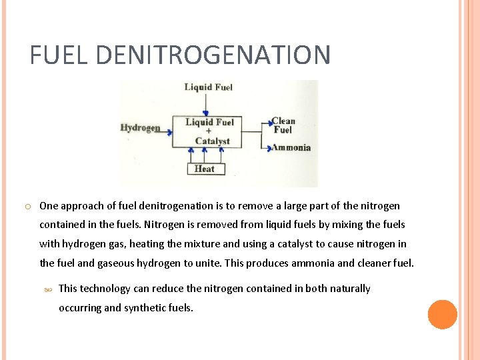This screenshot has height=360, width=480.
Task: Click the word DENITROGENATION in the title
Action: click(x=213, y=55)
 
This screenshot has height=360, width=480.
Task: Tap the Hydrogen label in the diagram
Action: click(x=140, y=127)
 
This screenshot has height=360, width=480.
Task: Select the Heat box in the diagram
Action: click(x=205, y=169)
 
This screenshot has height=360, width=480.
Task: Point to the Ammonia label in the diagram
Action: click(x=291, y=147)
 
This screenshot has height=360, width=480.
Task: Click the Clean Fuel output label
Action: click(x=283, y=125)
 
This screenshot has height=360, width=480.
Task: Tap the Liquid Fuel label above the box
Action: click(x=209, y=87)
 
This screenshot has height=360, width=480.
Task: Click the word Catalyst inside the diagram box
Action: click(x=212, y=141)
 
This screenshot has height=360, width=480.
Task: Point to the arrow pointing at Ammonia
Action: click(x=266, y=147)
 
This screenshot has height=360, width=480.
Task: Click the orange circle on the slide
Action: click(x=443, y=315)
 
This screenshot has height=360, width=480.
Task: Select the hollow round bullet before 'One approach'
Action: click(x=24, y=207)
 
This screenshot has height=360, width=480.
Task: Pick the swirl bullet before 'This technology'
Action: click(x=47, y=289)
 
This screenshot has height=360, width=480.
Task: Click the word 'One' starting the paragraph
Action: click(x=49, y=206)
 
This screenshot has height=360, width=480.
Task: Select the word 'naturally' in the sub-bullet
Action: click(x=347, y=289)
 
